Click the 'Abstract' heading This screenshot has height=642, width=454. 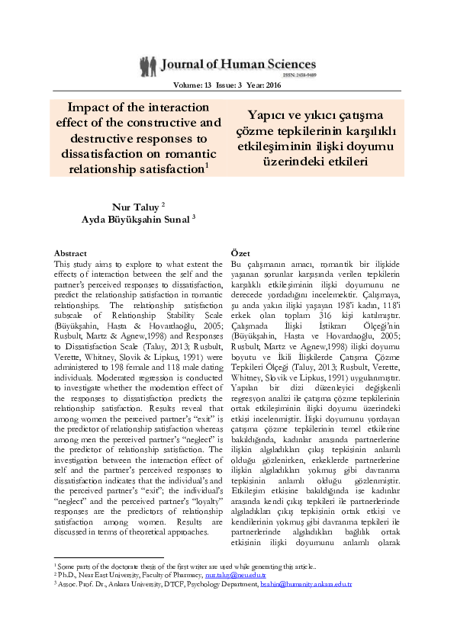click(70, 252)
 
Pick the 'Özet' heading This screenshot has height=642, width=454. click(239, 252)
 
